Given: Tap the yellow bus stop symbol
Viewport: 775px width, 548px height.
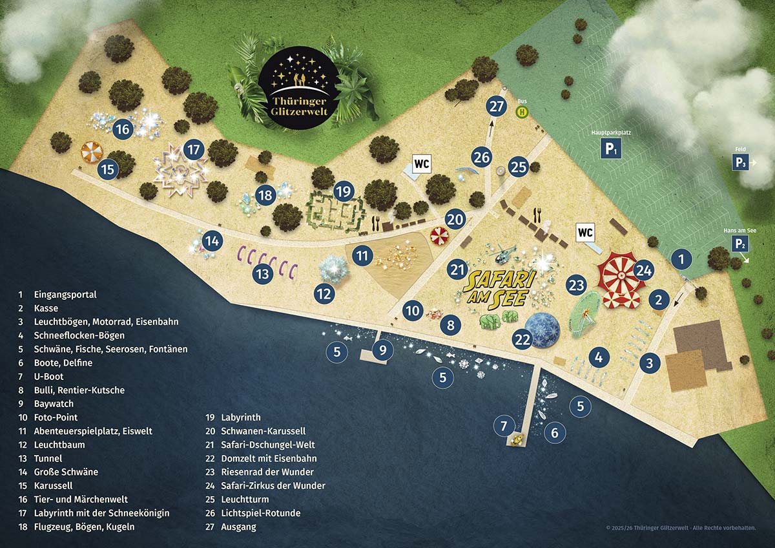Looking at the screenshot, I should (521, 112).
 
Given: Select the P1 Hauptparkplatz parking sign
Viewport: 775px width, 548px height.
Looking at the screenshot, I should (612, 149).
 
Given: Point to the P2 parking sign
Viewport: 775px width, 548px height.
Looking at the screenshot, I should (741, 244).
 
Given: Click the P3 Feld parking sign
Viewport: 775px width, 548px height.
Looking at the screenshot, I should (741, 162).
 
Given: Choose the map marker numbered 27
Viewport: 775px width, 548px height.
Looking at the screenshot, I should (497, 107).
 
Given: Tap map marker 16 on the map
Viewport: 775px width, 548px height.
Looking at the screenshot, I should (122, 129).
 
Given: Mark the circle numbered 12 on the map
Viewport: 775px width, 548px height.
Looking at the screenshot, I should (324, 294).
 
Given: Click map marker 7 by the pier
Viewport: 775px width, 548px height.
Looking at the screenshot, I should (504, 425).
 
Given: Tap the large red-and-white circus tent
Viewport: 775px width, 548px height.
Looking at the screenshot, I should (618, 274).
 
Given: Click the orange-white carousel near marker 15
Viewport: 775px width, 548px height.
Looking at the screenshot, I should (91, 153).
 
